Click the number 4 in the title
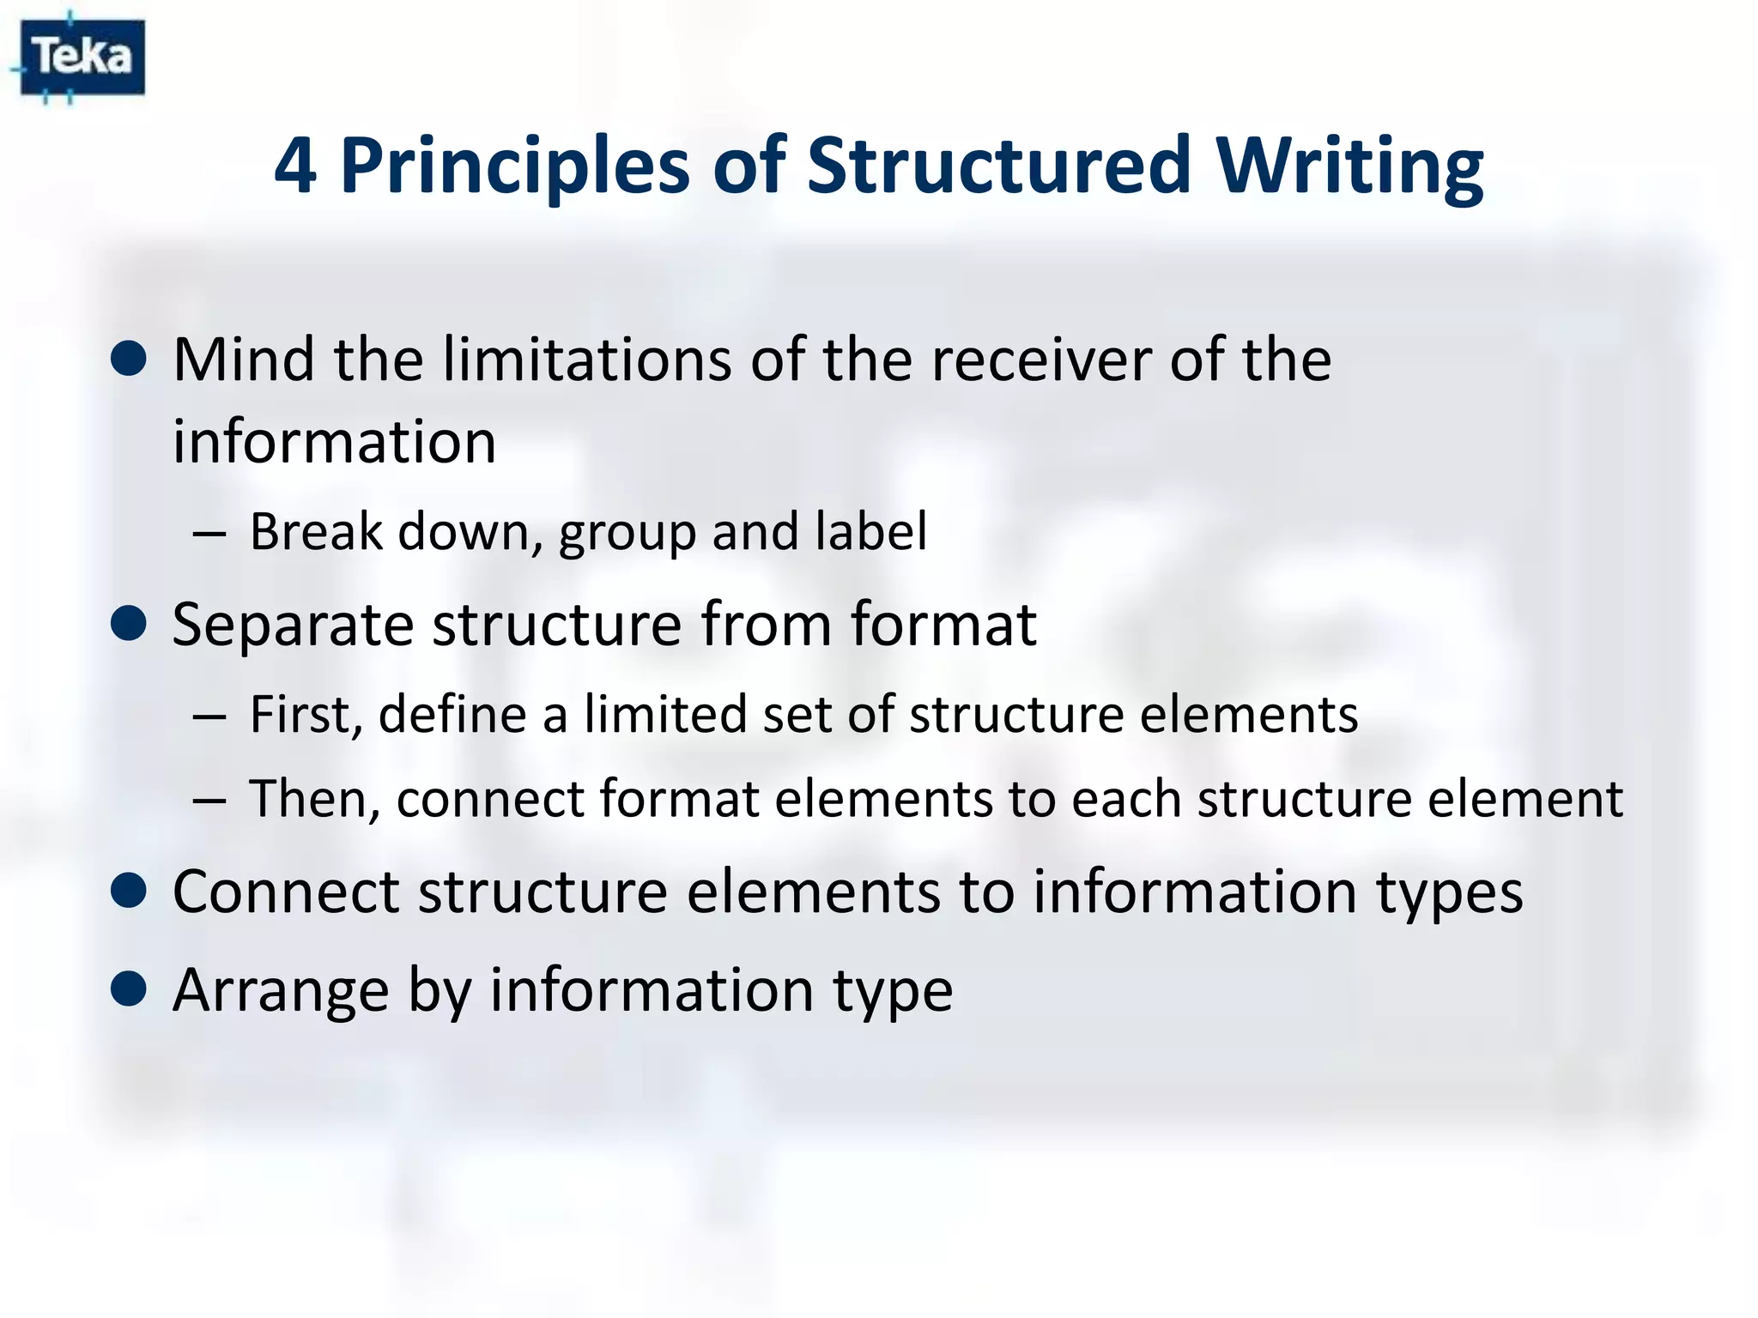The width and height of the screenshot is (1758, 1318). click(x=294, y=166)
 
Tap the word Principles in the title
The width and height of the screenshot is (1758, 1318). click(x=515, y=166)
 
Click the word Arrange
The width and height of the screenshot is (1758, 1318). click(x=280, y=989)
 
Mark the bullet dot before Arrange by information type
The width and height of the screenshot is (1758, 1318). click(x=129, y=988)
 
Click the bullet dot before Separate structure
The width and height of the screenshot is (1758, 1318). click(x=129, y=624)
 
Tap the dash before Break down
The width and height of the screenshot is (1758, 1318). click(x=209, y=534)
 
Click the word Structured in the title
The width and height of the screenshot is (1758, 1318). click(x=999, y=166)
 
